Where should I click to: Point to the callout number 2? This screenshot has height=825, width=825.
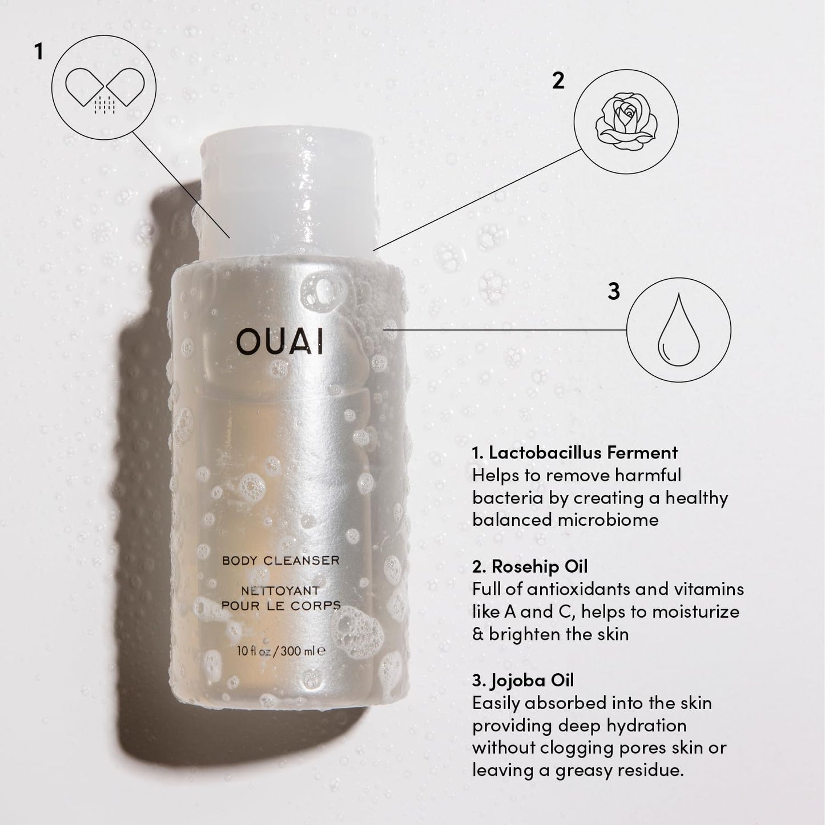[558, 81]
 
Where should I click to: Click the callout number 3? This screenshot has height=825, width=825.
[613, 291]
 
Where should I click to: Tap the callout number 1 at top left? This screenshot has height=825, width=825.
[38, 52]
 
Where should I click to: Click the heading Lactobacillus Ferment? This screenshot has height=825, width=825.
[574, 453]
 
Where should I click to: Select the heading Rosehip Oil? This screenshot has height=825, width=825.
[529, 566]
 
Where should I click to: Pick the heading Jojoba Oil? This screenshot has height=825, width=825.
[523, 680]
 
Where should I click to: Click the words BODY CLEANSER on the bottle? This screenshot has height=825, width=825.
[280, 561]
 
